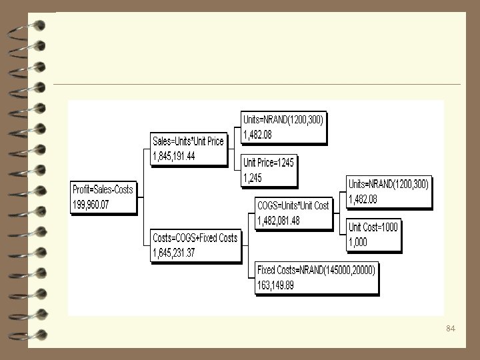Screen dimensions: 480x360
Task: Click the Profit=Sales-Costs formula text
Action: (x=102, y=189)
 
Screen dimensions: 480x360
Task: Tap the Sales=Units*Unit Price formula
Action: (x=188, y=141)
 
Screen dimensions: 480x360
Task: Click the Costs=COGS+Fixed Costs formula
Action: (x=195, y=238)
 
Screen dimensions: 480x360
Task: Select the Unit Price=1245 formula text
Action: (x=268, y=163)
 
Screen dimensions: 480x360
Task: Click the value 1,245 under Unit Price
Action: (x=253, y=177)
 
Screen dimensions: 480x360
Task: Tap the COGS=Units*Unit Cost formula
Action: (x=293, y=205)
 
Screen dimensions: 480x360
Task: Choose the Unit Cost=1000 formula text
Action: (x=373, y=227)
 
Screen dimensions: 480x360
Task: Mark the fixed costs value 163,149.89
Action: (x=275, y=285)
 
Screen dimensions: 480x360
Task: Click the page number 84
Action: (x=450, y=329)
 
